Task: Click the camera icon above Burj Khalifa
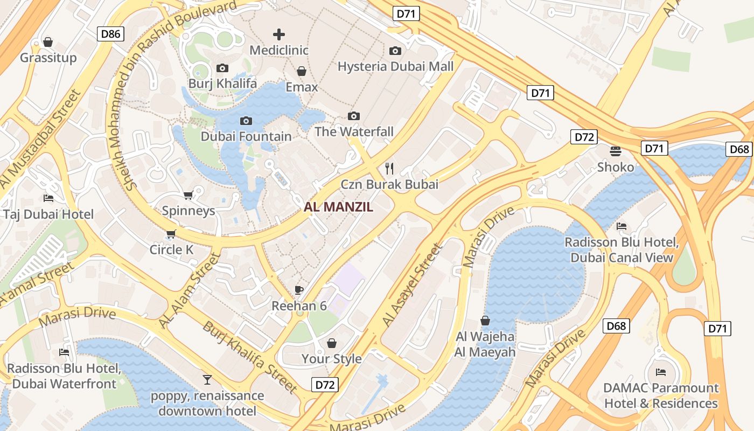(x=222, y=68)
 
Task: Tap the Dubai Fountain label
(x=246, y=136)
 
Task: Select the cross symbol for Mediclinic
(x=278, y=35)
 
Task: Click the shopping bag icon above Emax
(x=302, y=71)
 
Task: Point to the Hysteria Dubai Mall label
(x=395, y=66)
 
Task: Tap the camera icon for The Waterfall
(x=354, y=116)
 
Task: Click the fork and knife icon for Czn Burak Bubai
(x=389, y=169)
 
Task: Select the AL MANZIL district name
(x=338, y=207)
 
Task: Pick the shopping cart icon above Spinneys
(x=188, y=195)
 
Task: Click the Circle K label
(x=171, y=249)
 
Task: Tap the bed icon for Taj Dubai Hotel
(x=48, y=198)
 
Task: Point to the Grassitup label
(x=48, y=58)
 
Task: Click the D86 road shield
(x=111, y=34)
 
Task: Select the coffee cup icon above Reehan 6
(x=299, y=290)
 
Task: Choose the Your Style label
(x=331, y=359)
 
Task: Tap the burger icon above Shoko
(x=616, y=151)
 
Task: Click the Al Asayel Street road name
(x=412, y=286)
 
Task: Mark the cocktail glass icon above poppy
(x=207, y=380)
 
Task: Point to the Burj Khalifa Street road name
(x=250, y=357)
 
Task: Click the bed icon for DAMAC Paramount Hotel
(x=661, y=372)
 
